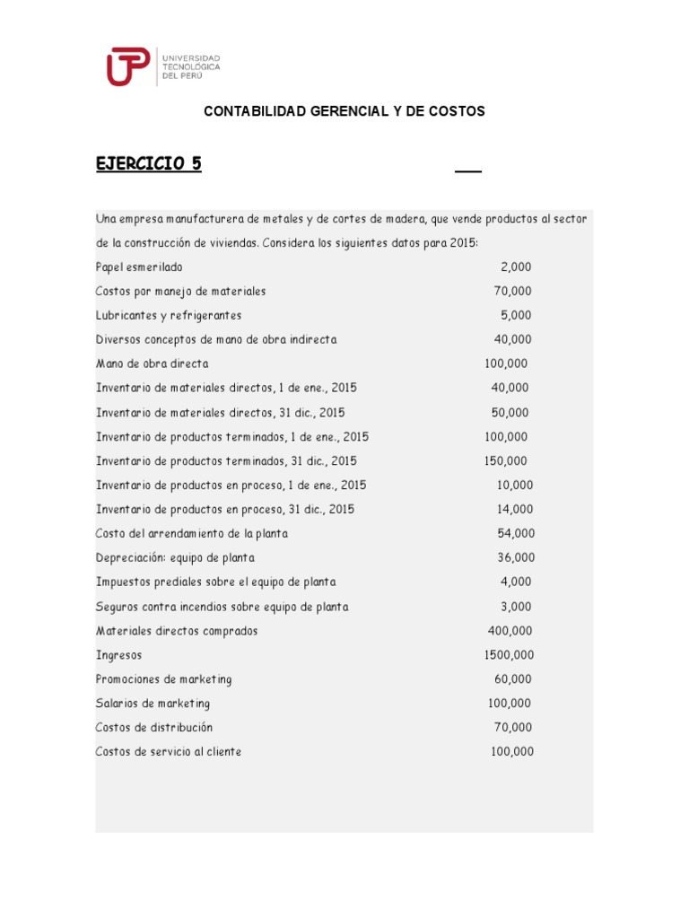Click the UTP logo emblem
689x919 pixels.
tap(129, 67)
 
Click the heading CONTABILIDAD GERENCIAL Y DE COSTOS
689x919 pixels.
tap(344, 111)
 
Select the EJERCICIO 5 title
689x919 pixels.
tap(149, 163)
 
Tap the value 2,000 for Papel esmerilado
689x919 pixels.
tap(516, 267)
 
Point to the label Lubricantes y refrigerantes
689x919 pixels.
tap(169, 315)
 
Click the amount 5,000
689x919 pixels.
tap(516, 315)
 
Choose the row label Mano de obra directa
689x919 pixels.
tap(152, 363)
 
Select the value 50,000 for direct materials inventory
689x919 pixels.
tap(510, 413)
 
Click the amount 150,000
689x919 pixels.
tap(506, 461)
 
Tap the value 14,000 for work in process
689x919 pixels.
tap(514, 510)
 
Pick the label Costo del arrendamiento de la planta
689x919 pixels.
tap(192, 534)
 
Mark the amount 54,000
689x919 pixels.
tap(516, 534)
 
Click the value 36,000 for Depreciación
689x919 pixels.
tap(516, 558)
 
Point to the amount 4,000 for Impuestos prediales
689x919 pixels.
tap(516, 582)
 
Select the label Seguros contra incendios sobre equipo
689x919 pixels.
tap(222, 607)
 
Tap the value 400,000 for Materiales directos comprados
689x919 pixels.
tap(510, 631)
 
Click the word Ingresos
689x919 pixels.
tap(118, 655)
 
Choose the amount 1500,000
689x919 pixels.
tap(509, 655)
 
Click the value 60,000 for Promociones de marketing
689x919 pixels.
tap(512, 679)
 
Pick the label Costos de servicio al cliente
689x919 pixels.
tap(169, 752)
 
